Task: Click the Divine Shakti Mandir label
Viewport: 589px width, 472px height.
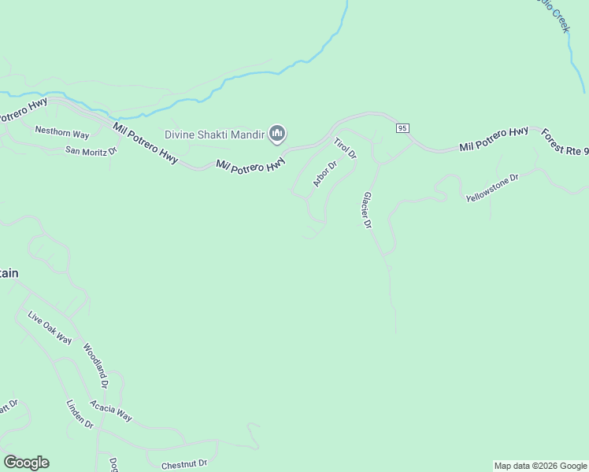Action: (x=214, y=135)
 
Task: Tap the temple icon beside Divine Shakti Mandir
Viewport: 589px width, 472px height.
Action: (x=276, y=135)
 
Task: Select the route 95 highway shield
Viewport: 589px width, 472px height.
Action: (x=402, y=127)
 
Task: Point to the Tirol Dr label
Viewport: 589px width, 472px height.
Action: (x=345, y=149)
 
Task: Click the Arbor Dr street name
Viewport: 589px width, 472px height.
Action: (x=324, y=174)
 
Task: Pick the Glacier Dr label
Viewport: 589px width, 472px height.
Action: (x=366, y=210)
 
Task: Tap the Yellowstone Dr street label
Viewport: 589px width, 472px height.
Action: (x=493, y=188)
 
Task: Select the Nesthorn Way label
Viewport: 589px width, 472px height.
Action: (x=62, y=134)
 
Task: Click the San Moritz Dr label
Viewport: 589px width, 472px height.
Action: (x=91, y=149)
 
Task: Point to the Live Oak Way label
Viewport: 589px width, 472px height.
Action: (x=50, y=329)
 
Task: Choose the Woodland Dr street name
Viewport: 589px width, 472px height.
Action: (x=94, y=367)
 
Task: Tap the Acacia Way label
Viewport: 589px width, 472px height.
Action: (x=111, y=411)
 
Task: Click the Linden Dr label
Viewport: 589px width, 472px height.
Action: (x=80, y=413)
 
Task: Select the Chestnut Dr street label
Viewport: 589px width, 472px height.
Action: (x=184, y=465)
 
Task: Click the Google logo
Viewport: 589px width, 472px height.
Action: (x=26, y=463)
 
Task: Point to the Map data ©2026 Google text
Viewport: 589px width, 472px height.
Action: (x=540, y=466)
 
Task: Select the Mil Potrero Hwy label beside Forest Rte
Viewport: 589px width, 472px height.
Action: (x=494, y=140)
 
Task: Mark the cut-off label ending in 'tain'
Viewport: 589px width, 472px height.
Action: (x=9, y=273)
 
